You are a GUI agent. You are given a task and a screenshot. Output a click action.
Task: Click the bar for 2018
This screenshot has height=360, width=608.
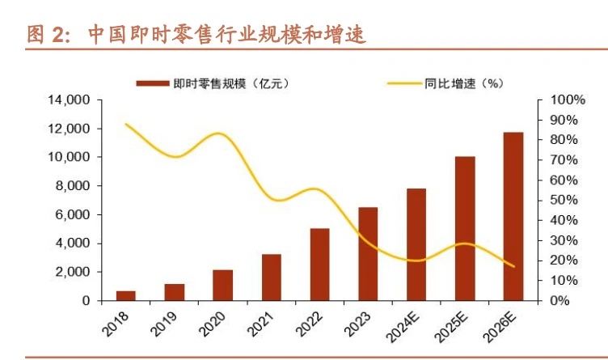(126, 295)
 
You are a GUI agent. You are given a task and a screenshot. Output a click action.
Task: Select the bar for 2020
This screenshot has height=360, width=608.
(223, 285)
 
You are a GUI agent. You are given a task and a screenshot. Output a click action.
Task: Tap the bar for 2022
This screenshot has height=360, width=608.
(319, 264)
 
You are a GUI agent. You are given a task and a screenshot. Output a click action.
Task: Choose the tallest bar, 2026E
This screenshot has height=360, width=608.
(513, 216)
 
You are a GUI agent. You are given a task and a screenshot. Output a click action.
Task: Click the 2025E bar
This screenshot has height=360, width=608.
(465, 228)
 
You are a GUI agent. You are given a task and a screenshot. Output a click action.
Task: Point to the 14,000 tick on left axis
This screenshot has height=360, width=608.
(69, 100)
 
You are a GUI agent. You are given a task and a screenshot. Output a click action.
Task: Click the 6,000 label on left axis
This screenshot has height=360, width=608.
(72, 214)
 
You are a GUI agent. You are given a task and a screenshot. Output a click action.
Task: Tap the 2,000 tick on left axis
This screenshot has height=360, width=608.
(72, 272)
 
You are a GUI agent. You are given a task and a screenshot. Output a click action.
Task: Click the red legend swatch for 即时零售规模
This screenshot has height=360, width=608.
(151, 83)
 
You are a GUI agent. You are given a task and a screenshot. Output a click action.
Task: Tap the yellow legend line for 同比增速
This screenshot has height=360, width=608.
(402, 83)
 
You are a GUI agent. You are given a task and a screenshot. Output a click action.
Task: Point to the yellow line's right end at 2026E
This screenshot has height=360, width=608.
(513, 266)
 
